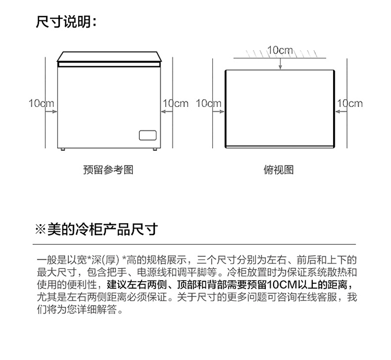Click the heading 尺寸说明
tap(66, 22)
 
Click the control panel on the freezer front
tap(148, 135)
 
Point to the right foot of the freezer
tap(154, 150)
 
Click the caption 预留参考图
tap(108, 170)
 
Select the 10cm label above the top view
tap(280, 50)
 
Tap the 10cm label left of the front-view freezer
tap(41, 103)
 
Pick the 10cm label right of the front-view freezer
tap(176, 103)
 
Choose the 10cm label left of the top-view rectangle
tap(209, 103)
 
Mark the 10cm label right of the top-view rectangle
tap(349, 103)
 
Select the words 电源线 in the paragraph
tap(150, 272)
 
